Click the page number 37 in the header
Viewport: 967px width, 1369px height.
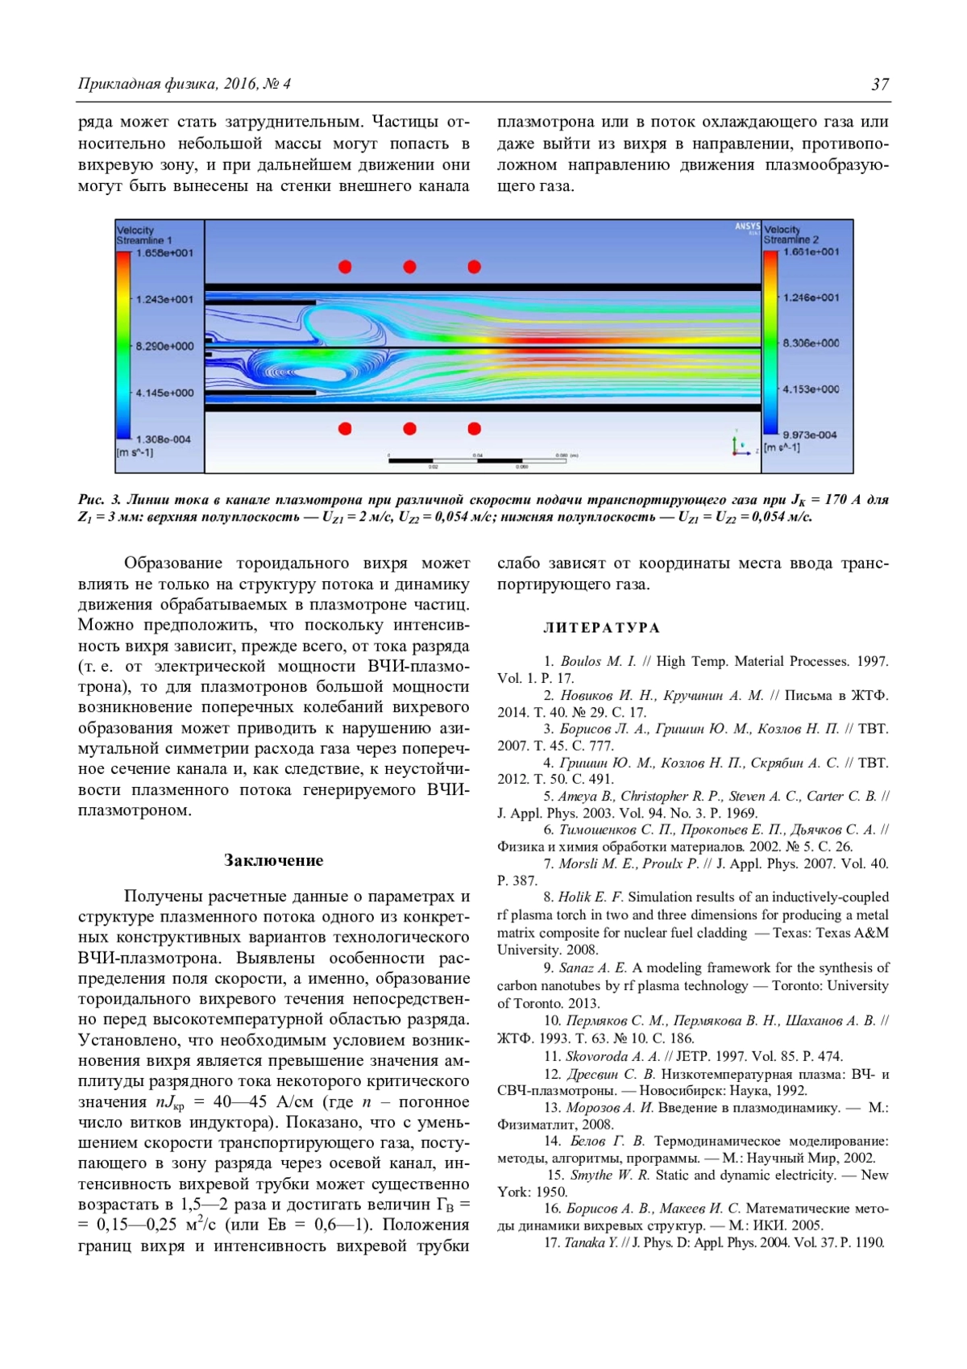[x=880, y=84]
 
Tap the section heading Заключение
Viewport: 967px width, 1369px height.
[x=273, y=860]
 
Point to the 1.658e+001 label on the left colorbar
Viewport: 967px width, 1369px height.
[x=164, y=253]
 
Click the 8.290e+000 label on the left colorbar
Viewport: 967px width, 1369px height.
[x=164, y=347]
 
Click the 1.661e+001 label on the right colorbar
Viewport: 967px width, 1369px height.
[x=811, y=252]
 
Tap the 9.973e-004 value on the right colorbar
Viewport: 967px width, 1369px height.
[x=809, y=435]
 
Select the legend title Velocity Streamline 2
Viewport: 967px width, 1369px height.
[x=791, y=235]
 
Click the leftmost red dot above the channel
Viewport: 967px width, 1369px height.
[x=345, y=267]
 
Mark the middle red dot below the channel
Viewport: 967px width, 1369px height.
[x=409, y=429]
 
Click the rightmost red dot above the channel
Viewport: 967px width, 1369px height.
[x=474, y=267]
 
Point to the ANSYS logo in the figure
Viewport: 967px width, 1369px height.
[x=747, y=227]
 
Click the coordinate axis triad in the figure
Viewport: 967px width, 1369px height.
[x=738, y=444]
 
